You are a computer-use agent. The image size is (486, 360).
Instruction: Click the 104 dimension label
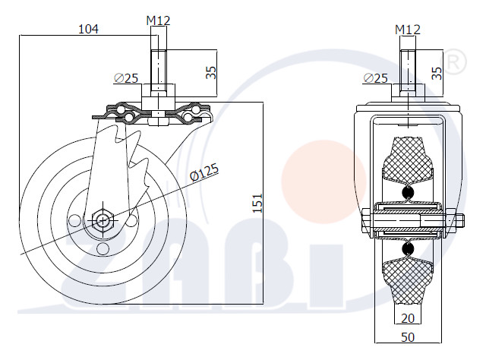[x=88, y=29]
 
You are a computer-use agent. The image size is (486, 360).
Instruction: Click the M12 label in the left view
[x=159, y=21]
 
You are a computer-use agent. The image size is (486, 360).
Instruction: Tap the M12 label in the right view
[x=408, y=30]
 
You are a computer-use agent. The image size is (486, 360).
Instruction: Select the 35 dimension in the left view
[x=211, y=72]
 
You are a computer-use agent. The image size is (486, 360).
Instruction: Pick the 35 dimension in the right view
[x=437, y=73]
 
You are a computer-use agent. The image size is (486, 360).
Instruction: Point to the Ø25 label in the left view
[x=126, y=78]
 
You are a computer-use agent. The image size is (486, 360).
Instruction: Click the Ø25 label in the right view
[x=375, y=78]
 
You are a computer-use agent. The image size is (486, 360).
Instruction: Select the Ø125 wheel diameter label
[x=204, y=172]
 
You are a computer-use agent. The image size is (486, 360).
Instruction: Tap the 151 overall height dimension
[x=257, y=204]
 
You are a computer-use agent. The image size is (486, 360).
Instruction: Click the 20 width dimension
[x=408, y=318]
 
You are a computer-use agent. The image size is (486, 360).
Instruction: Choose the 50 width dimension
[x=408, y=337]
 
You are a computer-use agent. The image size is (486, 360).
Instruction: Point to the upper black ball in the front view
[x=408, y=193]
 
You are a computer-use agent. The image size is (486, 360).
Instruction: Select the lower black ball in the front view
[x=408, y=248]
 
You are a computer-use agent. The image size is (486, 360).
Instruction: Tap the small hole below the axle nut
[x=103, y=248]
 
